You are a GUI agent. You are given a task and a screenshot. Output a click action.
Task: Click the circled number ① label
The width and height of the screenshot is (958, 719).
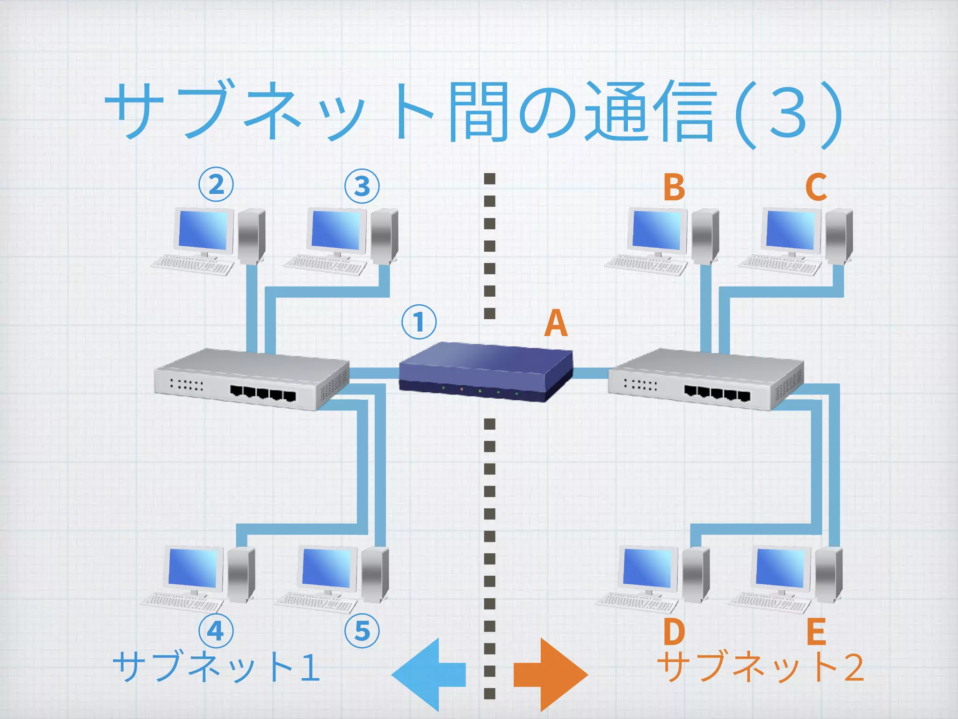pyautogui.click(x=419, y=322)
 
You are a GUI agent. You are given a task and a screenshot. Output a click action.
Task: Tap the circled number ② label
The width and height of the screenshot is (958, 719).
pyautogui.click(x=216, y=185)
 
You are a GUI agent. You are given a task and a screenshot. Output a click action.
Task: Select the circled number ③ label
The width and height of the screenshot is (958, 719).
pyautogui.click(x=362, y=186)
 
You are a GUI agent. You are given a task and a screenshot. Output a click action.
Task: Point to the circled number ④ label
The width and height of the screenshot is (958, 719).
pyautogui.click(x=216, y=631)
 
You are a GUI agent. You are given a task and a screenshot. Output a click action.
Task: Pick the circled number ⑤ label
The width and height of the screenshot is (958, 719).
pyautogui.click(x=362, y=631)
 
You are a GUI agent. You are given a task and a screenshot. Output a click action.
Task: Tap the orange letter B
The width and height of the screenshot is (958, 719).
pyautogui.click(x=674, y=187)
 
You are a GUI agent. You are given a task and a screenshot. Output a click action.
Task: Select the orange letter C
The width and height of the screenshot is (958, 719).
pyautogui.click(x=816, y=187)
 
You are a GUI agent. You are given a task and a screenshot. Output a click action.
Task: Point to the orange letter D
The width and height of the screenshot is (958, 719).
pyautogui.click(x=674, y=632)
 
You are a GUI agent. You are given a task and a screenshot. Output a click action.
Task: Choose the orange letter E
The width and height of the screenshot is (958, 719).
pyautogui.click(x=816, y=632)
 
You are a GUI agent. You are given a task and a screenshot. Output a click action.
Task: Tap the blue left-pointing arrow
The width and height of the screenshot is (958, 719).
pyautogui.click(x=428, y=675)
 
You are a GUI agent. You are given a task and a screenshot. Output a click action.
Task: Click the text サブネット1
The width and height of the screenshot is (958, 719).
pyautogui.click(x=217, y=667)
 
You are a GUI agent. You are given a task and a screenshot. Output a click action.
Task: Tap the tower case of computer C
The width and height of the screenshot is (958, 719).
pyautogui.click(x=839, y=236)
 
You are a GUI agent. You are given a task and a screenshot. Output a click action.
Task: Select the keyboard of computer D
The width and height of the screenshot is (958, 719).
pyautogui.click(x=637, y=602)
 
